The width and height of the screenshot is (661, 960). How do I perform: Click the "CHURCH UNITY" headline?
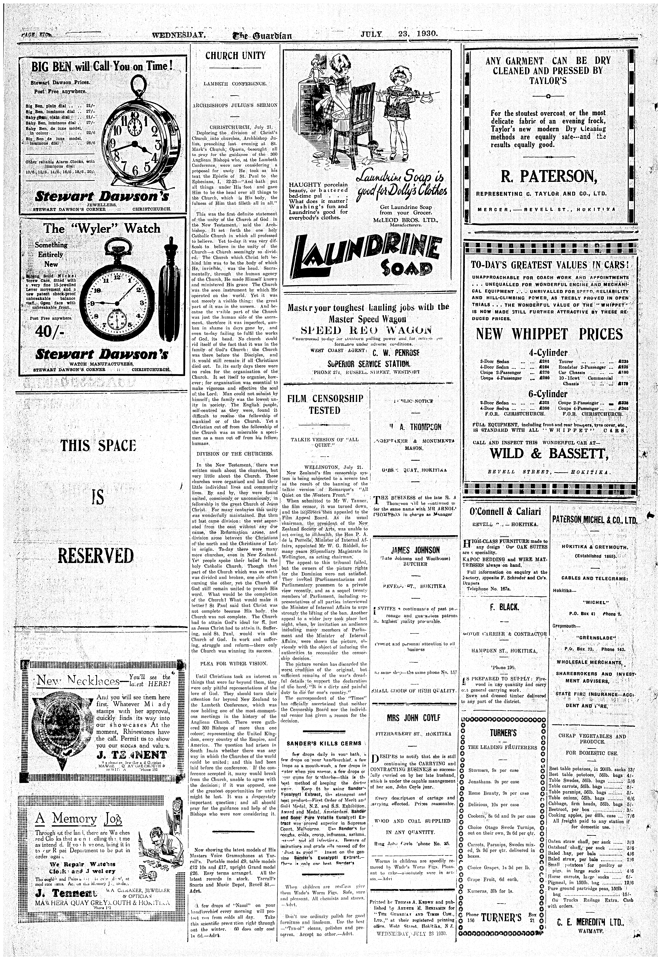(x=235, y=55)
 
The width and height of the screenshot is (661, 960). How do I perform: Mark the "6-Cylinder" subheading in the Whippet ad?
(x=548, y=393)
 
